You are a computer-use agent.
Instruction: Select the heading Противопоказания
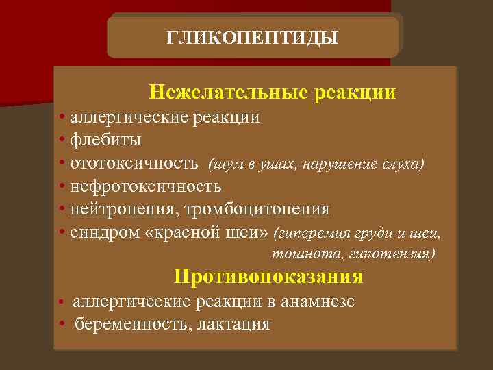(x=268, y=277)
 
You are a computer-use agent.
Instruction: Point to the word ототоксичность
(x=134, y=164)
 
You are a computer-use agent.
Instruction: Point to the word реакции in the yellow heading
(x=355, y=91)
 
